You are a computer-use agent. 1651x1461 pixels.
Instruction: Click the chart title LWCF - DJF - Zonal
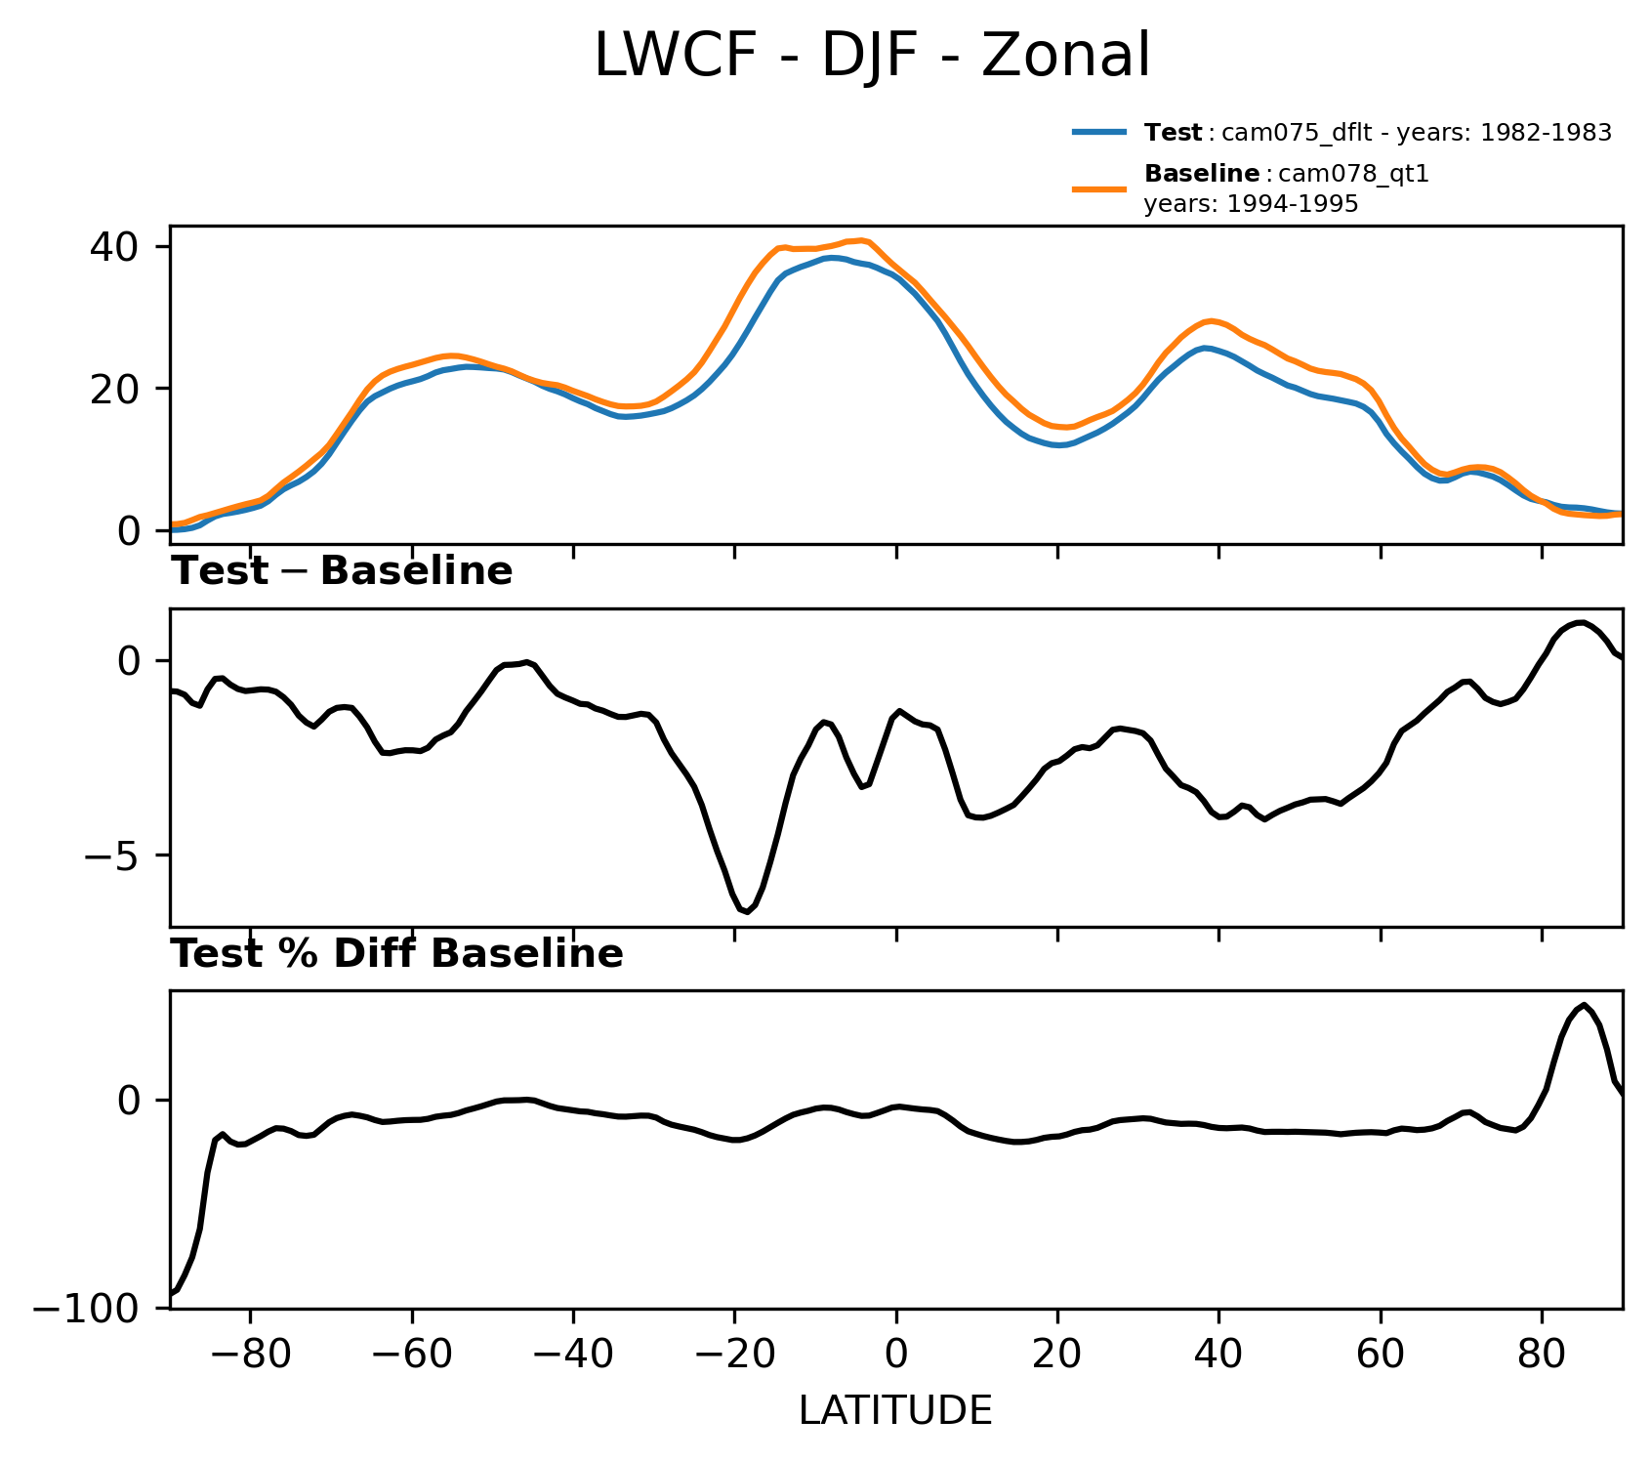coord(872,56)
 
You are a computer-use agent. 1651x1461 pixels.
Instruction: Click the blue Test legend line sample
coord(1100,132)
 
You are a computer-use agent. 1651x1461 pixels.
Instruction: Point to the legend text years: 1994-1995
coord(1251,204)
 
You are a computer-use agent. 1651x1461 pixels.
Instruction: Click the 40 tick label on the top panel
coord(114,246)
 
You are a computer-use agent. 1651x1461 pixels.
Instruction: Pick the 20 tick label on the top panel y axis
coord(114,389)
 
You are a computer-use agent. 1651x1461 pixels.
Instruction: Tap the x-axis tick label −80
coord(250,1357)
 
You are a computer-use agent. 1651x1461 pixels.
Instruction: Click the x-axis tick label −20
coord(734,1357)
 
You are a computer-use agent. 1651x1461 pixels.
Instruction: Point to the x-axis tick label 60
coord(1381,1357)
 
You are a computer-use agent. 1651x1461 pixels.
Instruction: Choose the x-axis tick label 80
coord(1543,1357)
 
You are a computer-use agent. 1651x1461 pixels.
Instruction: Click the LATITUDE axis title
coord(895,1410)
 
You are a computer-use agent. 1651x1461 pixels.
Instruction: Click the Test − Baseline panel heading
coord(342,571)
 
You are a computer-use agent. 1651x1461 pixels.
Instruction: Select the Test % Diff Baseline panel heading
coord(397,954)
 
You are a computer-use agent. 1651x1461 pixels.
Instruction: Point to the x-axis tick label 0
coord(896,1357)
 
